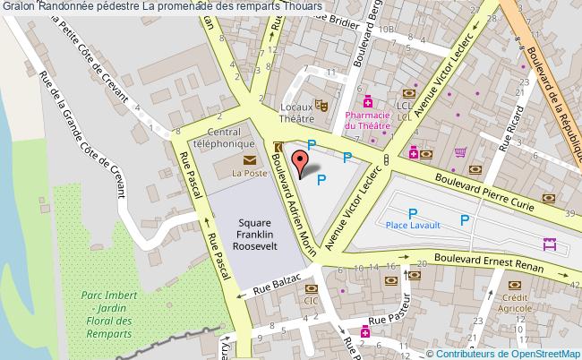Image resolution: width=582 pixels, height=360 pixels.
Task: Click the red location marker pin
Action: (301, 161)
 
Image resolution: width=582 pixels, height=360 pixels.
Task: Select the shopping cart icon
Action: (460, 152)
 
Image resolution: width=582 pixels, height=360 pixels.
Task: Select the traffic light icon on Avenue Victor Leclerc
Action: (386, 160)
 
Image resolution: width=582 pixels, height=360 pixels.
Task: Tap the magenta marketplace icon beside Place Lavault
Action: (550, 244)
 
